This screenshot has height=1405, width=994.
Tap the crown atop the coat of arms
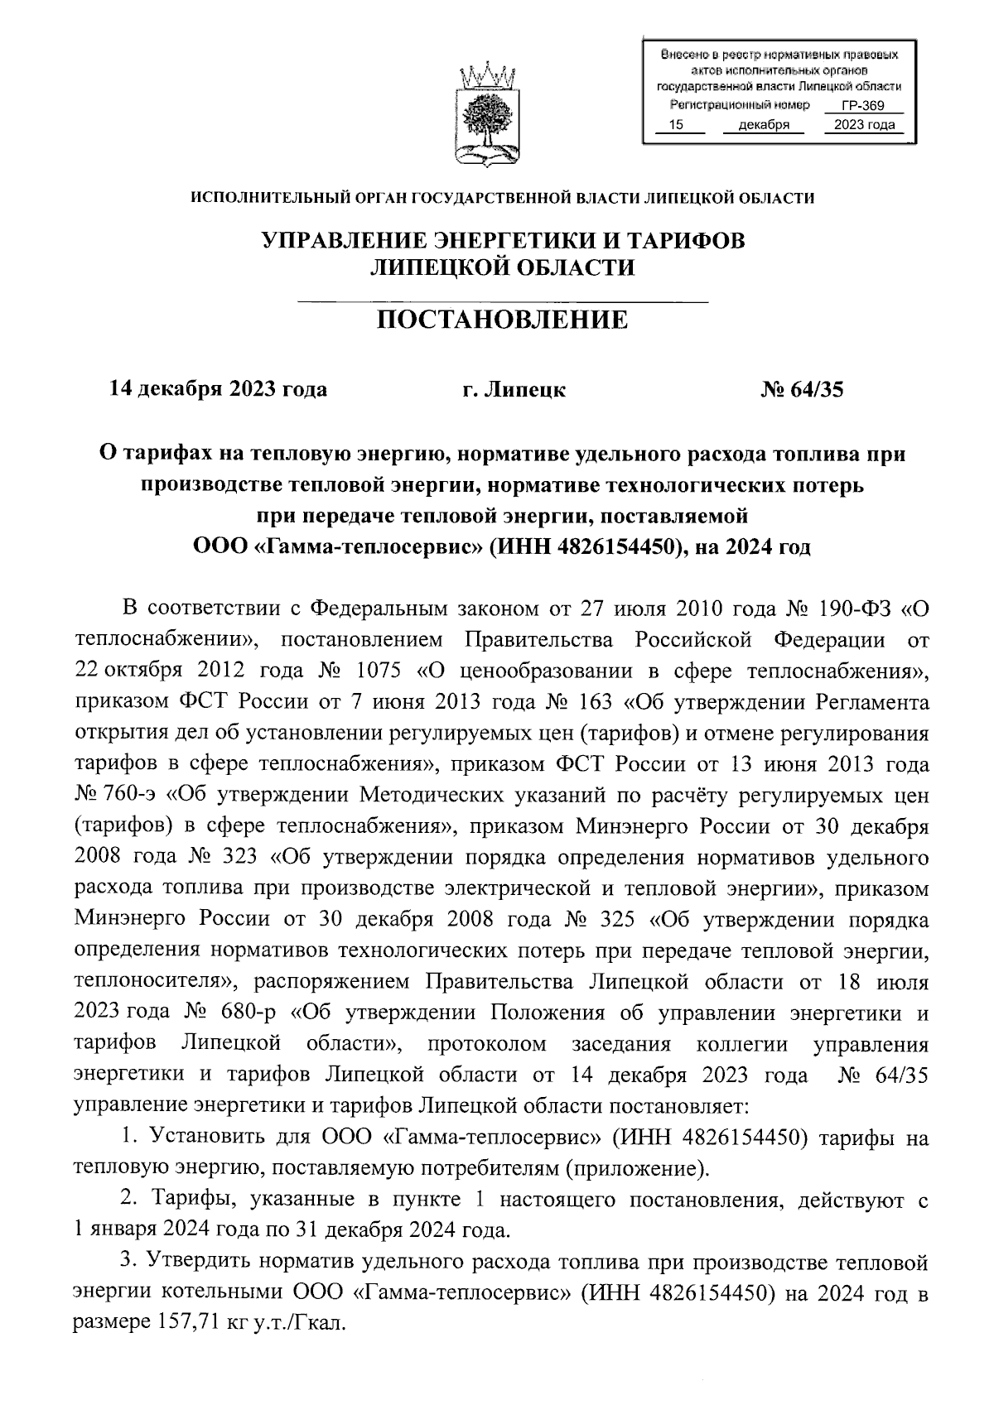(487, 77)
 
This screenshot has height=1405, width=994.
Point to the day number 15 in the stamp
(677, 125)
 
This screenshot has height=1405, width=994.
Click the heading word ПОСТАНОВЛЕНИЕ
(503, 319)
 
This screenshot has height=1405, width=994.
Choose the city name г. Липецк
(514, 388)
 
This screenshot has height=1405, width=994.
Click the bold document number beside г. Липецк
(802, 388)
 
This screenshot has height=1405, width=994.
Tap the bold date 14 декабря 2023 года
(219, 388)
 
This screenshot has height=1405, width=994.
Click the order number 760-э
(132, 795)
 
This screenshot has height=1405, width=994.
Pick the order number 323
(242, 856)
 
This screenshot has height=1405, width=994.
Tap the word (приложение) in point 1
(637, 1167)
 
